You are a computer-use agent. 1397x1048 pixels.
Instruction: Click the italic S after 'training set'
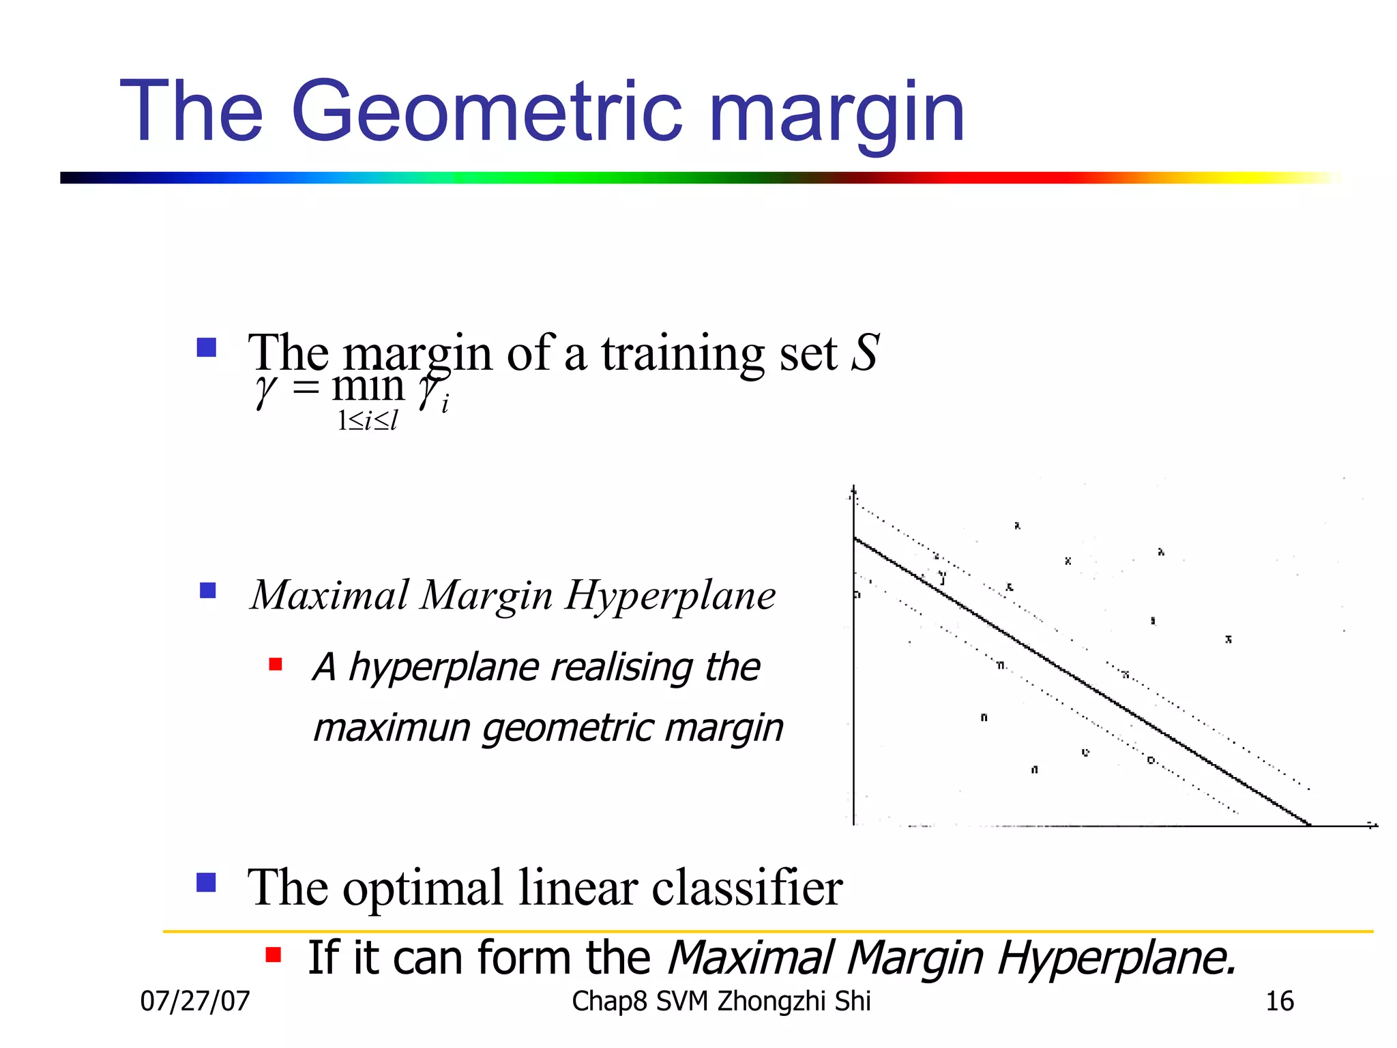coord(865,353)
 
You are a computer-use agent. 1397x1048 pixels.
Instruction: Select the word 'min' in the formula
coord(368,386)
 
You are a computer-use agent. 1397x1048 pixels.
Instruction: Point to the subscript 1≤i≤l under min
coord(367,421)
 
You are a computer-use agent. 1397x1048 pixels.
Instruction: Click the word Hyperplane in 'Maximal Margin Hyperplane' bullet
coord(670,596)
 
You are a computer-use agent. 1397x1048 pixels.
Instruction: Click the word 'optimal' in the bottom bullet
coord(422,888)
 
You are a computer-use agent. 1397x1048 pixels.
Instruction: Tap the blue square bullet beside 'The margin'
coord(206,348)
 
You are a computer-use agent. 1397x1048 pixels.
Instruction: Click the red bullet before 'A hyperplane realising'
coord(276,665)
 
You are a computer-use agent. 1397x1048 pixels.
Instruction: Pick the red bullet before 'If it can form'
coord(273,955)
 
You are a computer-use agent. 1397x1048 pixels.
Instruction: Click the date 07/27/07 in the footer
coord(195,1001)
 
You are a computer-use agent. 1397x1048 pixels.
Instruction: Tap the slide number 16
coord(1279,1001)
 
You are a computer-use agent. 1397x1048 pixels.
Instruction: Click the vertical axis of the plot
coord(853,682)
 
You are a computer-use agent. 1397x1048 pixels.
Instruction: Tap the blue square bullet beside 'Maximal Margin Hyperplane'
coord(207,590)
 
